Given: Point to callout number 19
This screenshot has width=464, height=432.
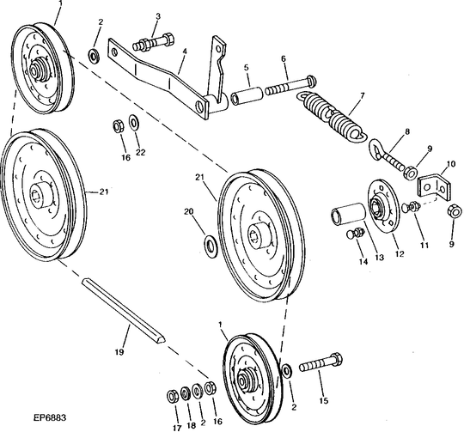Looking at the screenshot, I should pos(119,352).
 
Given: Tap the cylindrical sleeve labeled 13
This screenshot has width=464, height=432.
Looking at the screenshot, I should pos(350,215).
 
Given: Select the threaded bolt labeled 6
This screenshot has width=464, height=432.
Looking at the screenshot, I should pos(284,89).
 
